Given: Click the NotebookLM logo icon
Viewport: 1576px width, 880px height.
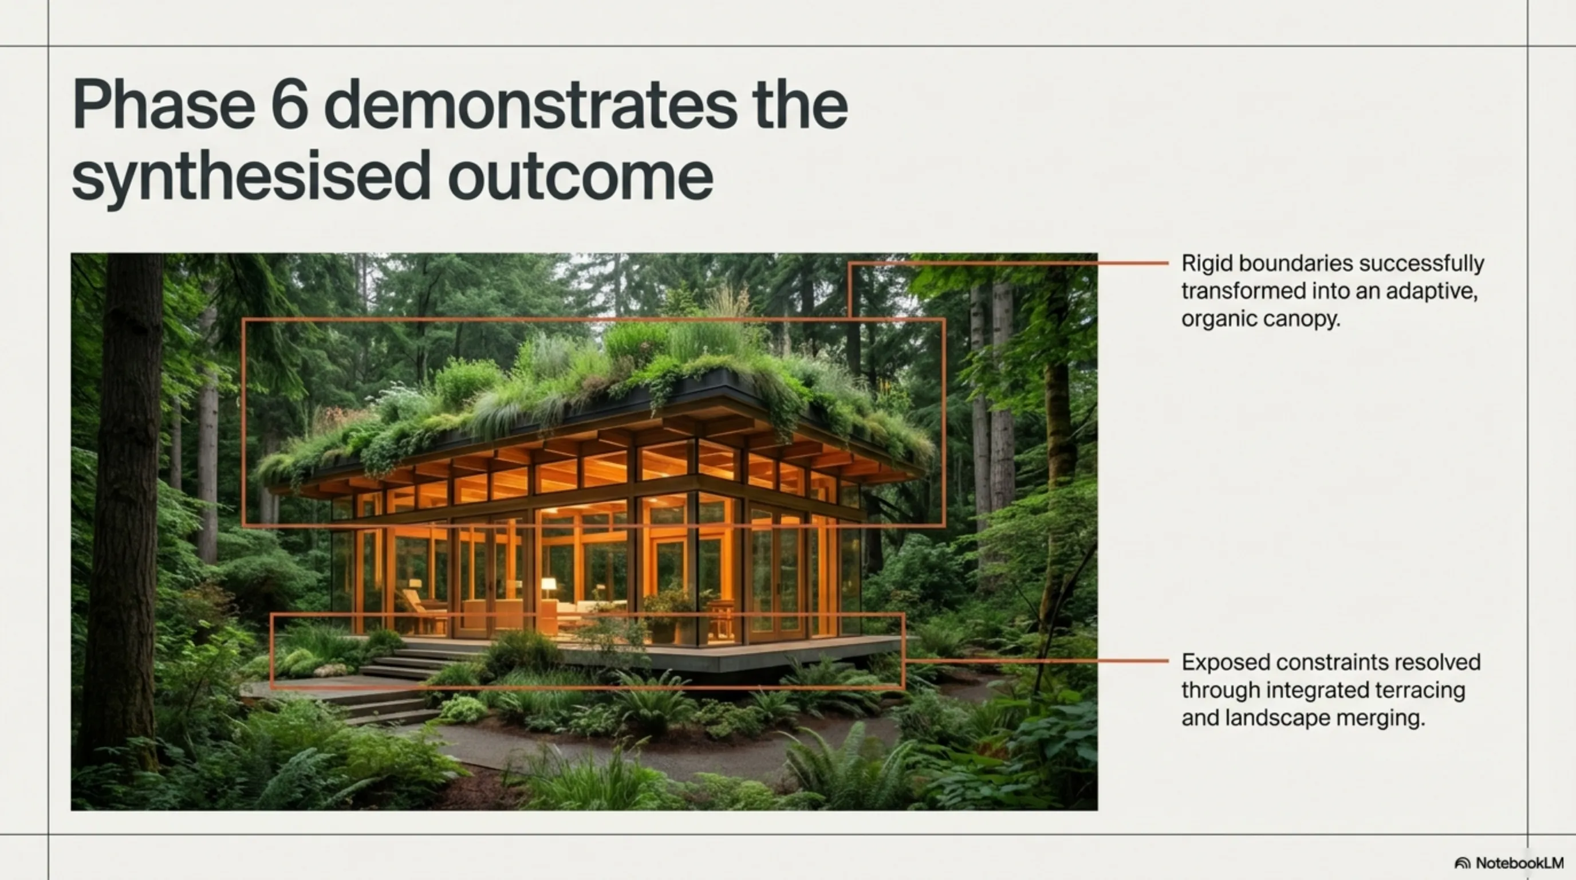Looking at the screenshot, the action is coord(1462,863).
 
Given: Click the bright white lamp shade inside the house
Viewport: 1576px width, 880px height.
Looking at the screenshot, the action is coord(549,584).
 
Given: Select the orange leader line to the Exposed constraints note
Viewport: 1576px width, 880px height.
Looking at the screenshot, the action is coord(1037,661).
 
